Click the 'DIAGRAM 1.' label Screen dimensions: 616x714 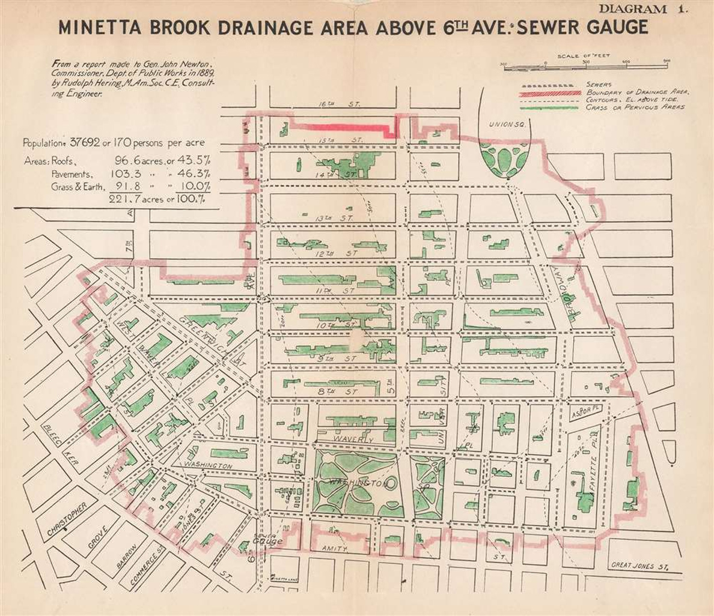(x=642, y=9)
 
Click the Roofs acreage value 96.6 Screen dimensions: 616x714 (x=130, y=161)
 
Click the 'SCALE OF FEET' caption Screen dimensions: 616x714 (x=583, y=56)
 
